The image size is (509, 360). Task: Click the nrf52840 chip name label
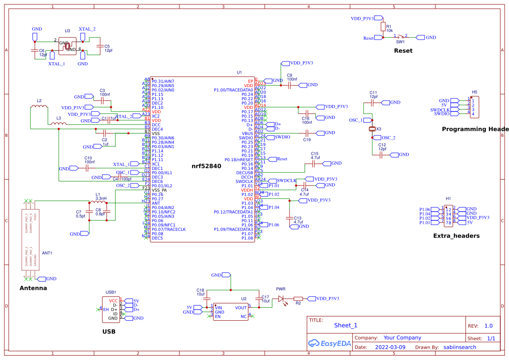pyautogui.click(x=206, y=166)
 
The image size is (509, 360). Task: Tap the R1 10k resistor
pyautogui.click(x=383, y=27)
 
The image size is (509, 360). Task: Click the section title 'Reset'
pyautogui.click(x=403, y=50)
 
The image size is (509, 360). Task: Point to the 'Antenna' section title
pyautogui.click(x=33, y=288)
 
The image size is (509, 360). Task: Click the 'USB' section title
pyautogui.click(x=109, y=331)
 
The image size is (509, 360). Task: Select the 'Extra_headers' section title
pyautogui.click(x=456, y=236)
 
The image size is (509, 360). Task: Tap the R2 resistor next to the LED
pyautogui.click(x=298, y=299)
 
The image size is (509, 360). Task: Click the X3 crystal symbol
pyautogui.click(x=372, y=129)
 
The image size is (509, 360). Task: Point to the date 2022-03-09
pyautogui.click(x=390, y=347)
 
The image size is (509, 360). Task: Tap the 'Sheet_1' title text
pyautogui.click(x=346, y=325)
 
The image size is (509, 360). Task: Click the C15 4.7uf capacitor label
pyautogui.click(x=315, y=156)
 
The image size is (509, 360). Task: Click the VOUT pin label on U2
pyautogui.click(x=241, y=307)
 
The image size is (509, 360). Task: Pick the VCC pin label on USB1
pyautogui.click(x=113, y=301)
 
